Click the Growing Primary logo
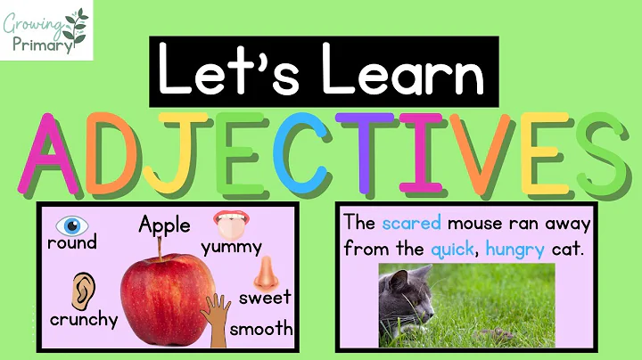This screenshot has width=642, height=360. coord(47,30)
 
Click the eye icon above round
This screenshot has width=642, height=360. coord(70,224)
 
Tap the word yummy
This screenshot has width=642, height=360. coord(232,247)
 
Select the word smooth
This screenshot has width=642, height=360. coord(261,328)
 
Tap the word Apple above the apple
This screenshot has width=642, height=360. coord(164,225)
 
